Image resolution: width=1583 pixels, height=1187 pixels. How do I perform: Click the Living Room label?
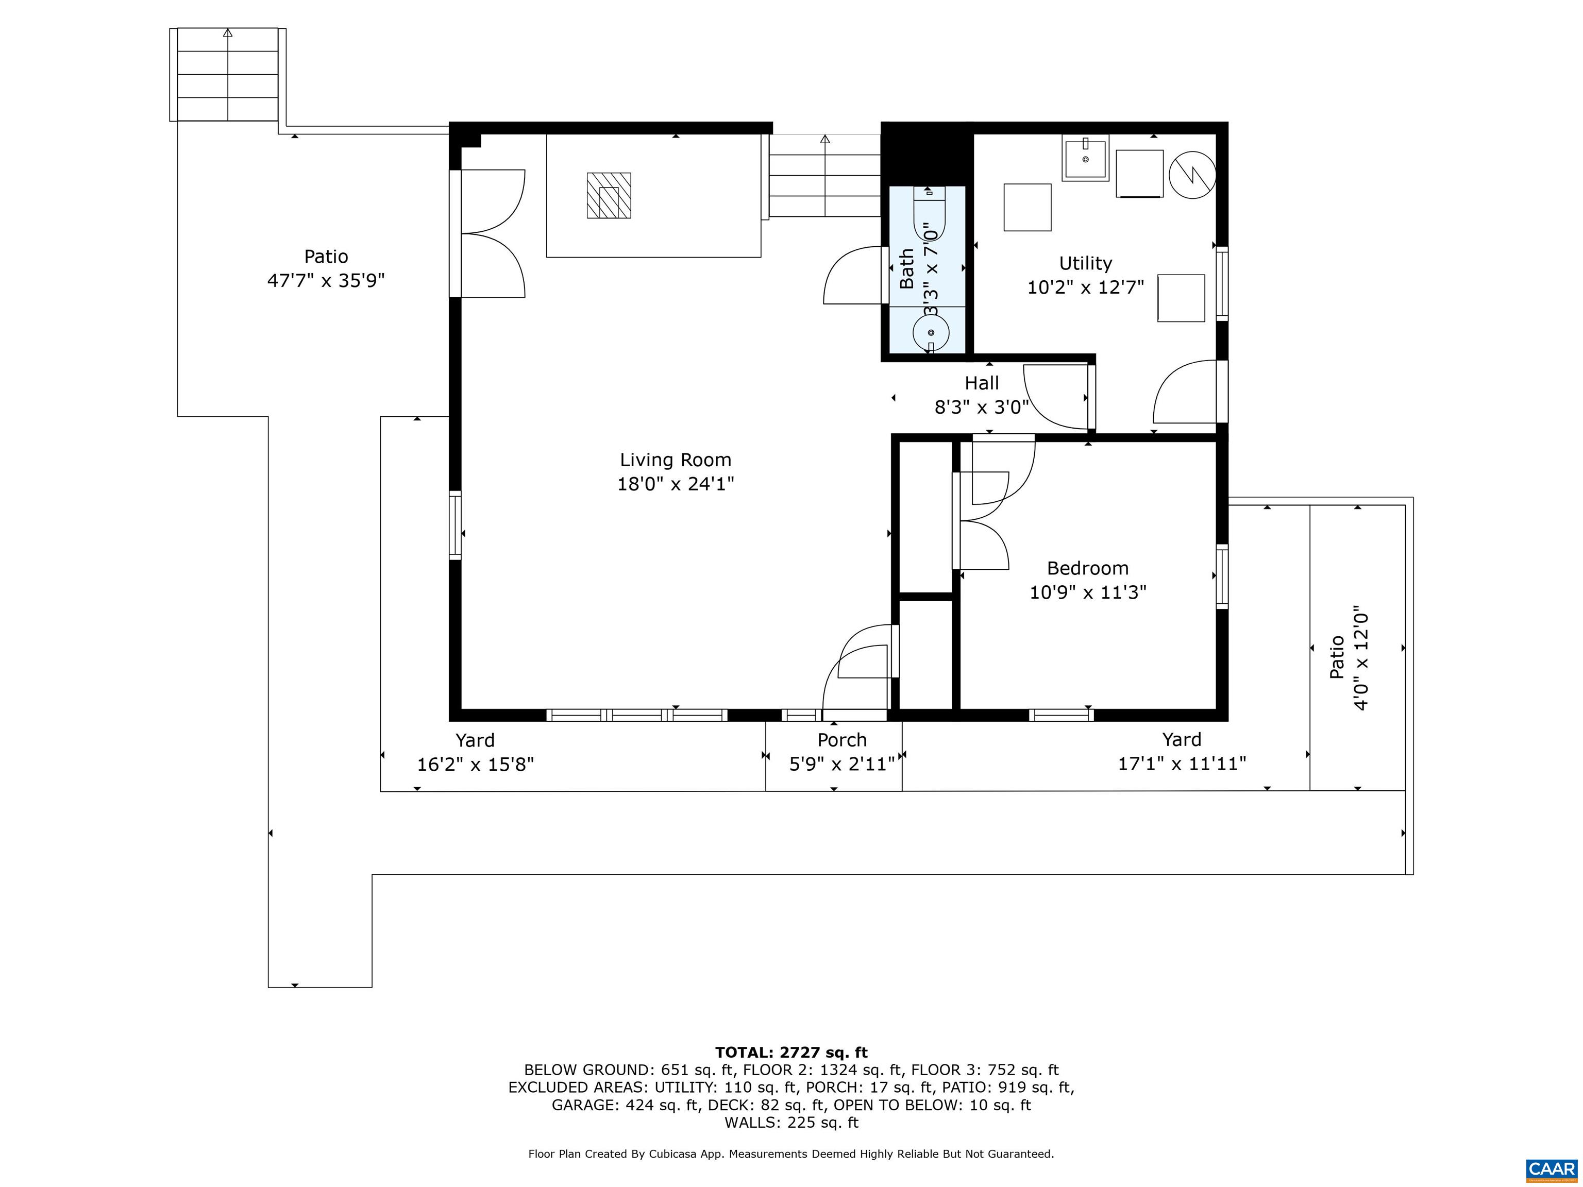[x=675, y=460]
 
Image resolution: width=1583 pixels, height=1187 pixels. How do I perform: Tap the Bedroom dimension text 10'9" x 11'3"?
[x=1087, y=592]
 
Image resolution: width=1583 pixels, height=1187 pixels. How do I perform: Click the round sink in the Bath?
[x=930, y=333]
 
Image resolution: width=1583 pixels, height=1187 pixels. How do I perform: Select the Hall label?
[x=981, y=383]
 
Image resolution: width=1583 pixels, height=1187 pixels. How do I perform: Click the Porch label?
[x=841, y=740]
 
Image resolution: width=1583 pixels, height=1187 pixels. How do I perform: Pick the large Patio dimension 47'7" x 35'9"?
[x=326, y=280]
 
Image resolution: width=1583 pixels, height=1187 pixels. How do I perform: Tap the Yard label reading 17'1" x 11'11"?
[x=1182, y=764]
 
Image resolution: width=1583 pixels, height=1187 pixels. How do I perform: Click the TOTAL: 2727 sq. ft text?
[x=791, y=1053]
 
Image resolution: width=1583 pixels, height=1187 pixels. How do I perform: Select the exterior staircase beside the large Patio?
[x=228, y=75]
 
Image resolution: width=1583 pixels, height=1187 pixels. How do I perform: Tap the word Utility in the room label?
[x=1085, y=263]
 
